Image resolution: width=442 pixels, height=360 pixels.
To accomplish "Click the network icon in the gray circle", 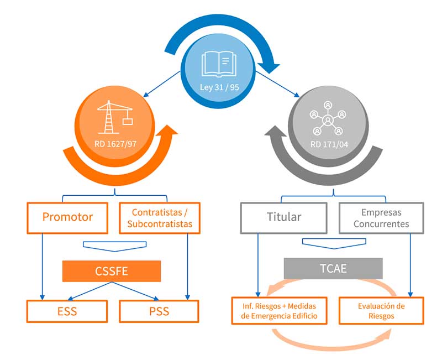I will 328,117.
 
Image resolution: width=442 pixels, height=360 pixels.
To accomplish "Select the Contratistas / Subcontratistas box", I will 160,217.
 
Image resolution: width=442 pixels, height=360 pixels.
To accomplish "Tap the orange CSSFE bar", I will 112,272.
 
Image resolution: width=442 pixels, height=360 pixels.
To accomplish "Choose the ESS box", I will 67,311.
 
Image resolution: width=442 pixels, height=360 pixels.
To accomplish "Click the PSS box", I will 159,311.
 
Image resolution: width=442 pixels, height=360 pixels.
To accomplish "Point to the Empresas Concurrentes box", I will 381,217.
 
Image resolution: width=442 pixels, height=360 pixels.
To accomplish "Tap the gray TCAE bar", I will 333,269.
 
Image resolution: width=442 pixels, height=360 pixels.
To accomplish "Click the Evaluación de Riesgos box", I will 381,311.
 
